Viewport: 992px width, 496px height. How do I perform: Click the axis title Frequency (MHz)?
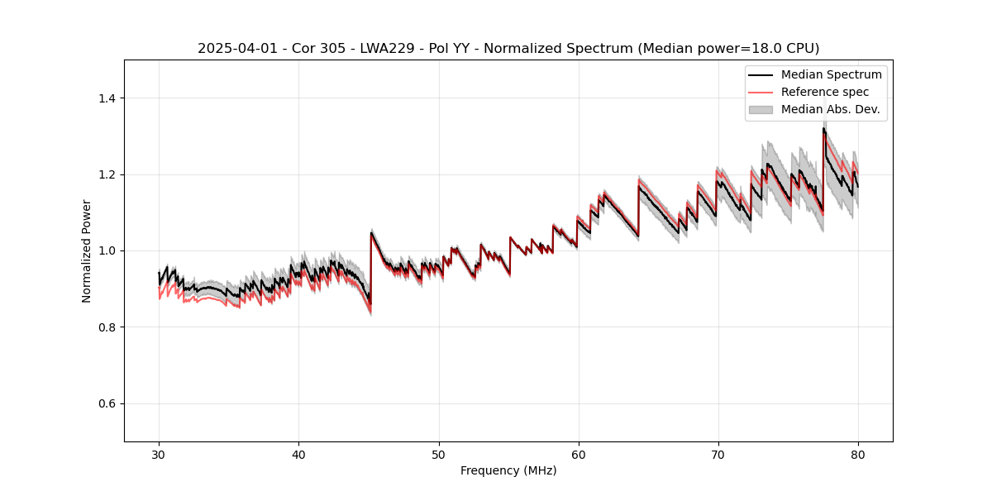pyautogui.click(x=508, y=470)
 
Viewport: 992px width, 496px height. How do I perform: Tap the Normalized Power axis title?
pyautogui.click(x=86, y=250)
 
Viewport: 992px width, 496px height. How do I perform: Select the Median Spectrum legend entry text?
pyautogui.click(x=831, y=74)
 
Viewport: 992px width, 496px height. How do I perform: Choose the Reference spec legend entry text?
pyautogui.click(x=825, y=92)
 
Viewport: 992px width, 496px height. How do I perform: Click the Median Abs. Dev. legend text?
pyautogui.click(x=830, y=109)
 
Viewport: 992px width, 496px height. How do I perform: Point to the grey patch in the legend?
pyautogui.click(x=761, y=109)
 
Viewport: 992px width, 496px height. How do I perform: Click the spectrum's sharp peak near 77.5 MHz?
pyautogui.click(x=823, y=128)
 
